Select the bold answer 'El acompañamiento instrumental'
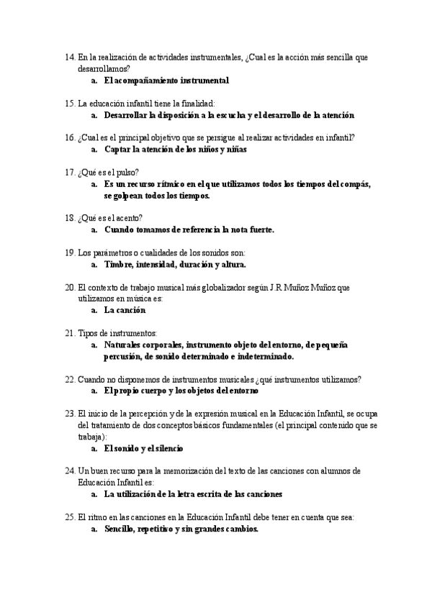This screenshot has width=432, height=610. pyautogui.click(x=166, y=81)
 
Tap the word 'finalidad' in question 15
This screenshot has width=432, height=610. pyautogui.click(x=205, y=104)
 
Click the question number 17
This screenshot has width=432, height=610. pyautogui.click(x=70, y=173)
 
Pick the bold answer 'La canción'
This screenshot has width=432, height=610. pyautogui.click(x=125, y=311)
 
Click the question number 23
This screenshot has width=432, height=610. pyautogui.click(x=70, y=414)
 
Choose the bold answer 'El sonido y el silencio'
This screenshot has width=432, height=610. pyautogui.click(x=143, y=449)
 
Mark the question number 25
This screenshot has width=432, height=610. pyautogui.click(x=70, y=517)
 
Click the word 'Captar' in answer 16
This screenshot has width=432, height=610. pyautogui.click(x=118, y=150)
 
